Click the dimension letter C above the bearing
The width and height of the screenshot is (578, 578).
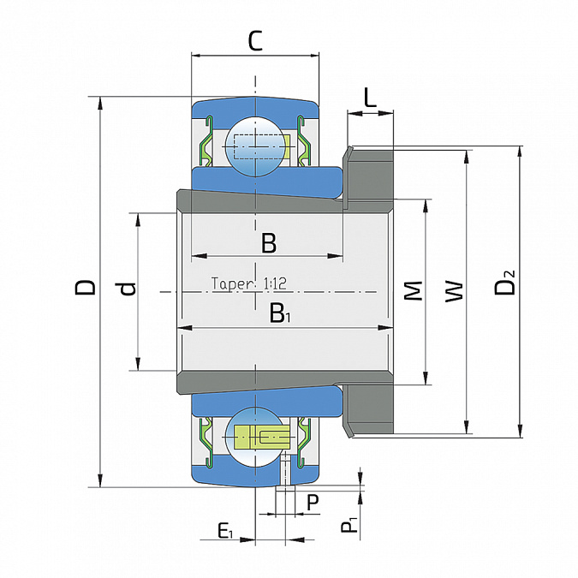[255, 41]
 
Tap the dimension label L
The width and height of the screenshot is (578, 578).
[370, 98]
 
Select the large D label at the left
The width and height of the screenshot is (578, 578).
[85, 288]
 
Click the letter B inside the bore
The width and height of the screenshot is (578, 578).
[269, 243]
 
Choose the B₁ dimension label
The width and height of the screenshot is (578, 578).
[280, 313]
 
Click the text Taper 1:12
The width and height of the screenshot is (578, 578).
[249, 283]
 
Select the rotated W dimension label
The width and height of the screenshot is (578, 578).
[454, 292]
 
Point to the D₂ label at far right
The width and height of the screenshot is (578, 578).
[504, 283]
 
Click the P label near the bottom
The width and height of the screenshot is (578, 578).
[313, 502]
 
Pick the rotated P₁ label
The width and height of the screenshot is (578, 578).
[349, 525]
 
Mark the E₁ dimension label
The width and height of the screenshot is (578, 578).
[225, 532]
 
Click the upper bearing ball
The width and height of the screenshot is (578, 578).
[255, 146]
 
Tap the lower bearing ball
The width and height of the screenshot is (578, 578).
[255, 438]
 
